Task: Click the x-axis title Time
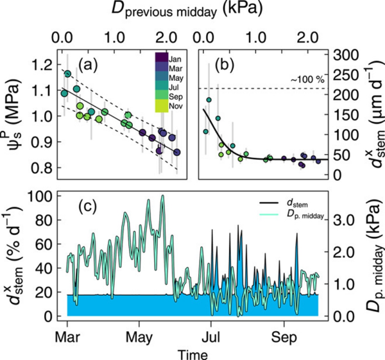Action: pyautogui.click(x=193, y=352)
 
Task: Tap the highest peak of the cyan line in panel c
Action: pyautogui.click(x=163, y=196)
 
